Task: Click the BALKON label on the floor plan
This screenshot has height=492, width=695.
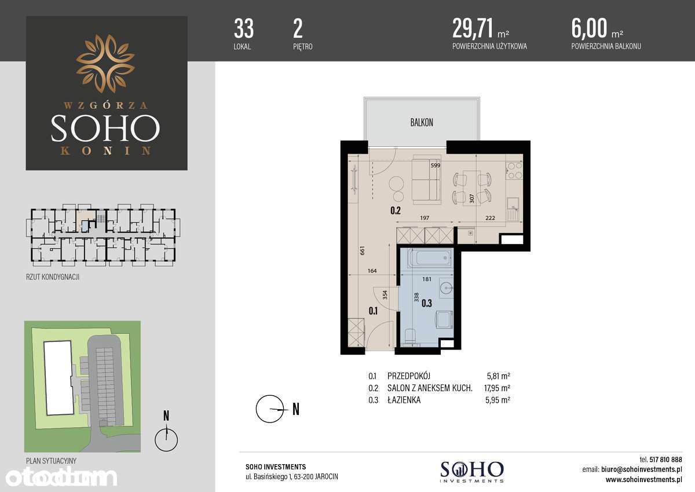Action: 422,123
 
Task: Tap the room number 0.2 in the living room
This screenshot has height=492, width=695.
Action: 396,211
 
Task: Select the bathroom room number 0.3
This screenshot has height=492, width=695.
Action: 427,303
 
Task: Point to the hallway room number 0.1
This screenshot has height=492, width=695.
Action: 373,311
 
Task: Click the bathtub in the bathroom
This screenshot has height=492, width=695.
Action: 429,258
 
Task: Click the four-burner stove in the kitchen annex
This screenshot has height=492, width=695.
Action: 514,170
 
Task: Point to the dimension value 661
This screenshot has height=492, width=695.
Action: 362,250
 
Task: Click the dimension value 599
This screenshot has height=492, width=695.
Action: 436,165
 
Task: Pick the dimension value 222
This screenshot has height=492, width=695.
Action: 490,218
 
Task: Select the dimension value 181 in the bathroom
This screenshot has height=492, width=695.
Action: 427,279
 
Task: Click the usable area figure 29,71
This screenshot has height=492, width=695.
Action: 473,28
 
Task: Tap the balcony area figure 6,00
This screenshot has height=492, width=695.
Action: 589,28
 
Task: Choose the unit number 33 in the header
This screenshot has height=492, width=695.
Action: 244,28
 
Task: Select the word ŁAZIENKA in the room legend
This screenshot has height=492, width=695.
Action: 404,400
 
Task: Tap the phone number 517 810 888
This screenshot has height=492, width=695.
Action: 665,460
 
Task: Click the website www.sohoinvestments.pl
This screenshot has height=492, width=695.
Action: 644,480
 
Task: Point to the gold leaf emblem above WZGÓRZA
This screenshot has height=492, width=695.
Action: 105,64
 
